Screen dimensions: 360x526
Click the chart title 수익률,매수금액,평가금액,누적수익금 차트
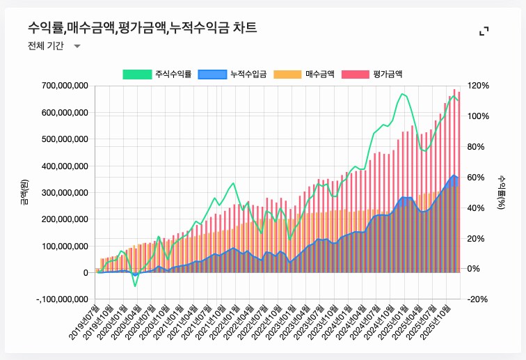point(142,28)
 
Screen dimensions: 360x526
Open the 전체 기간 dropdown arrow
point(77,46)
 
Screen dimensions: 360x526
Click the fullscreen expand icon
point(484,31)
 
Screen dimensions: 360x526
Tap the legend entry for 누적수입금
point(232,73)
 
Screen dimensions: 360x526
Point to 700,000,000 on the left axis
point(61,86)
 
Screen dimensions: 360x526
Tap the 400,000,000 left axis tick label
point(61,166)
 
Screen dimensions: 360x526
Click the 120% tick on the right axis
point(479,86)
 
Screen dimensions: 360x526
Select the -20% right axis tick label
point(479,299)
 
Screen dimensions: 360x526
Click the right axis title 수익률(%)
point(500,192)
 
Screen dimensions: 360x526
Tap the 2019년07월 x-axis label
point(85,321)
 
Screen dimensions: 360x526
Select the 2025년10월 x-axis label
point(440,321)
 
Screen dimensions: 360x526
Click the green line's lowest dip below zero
point(136,285)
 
